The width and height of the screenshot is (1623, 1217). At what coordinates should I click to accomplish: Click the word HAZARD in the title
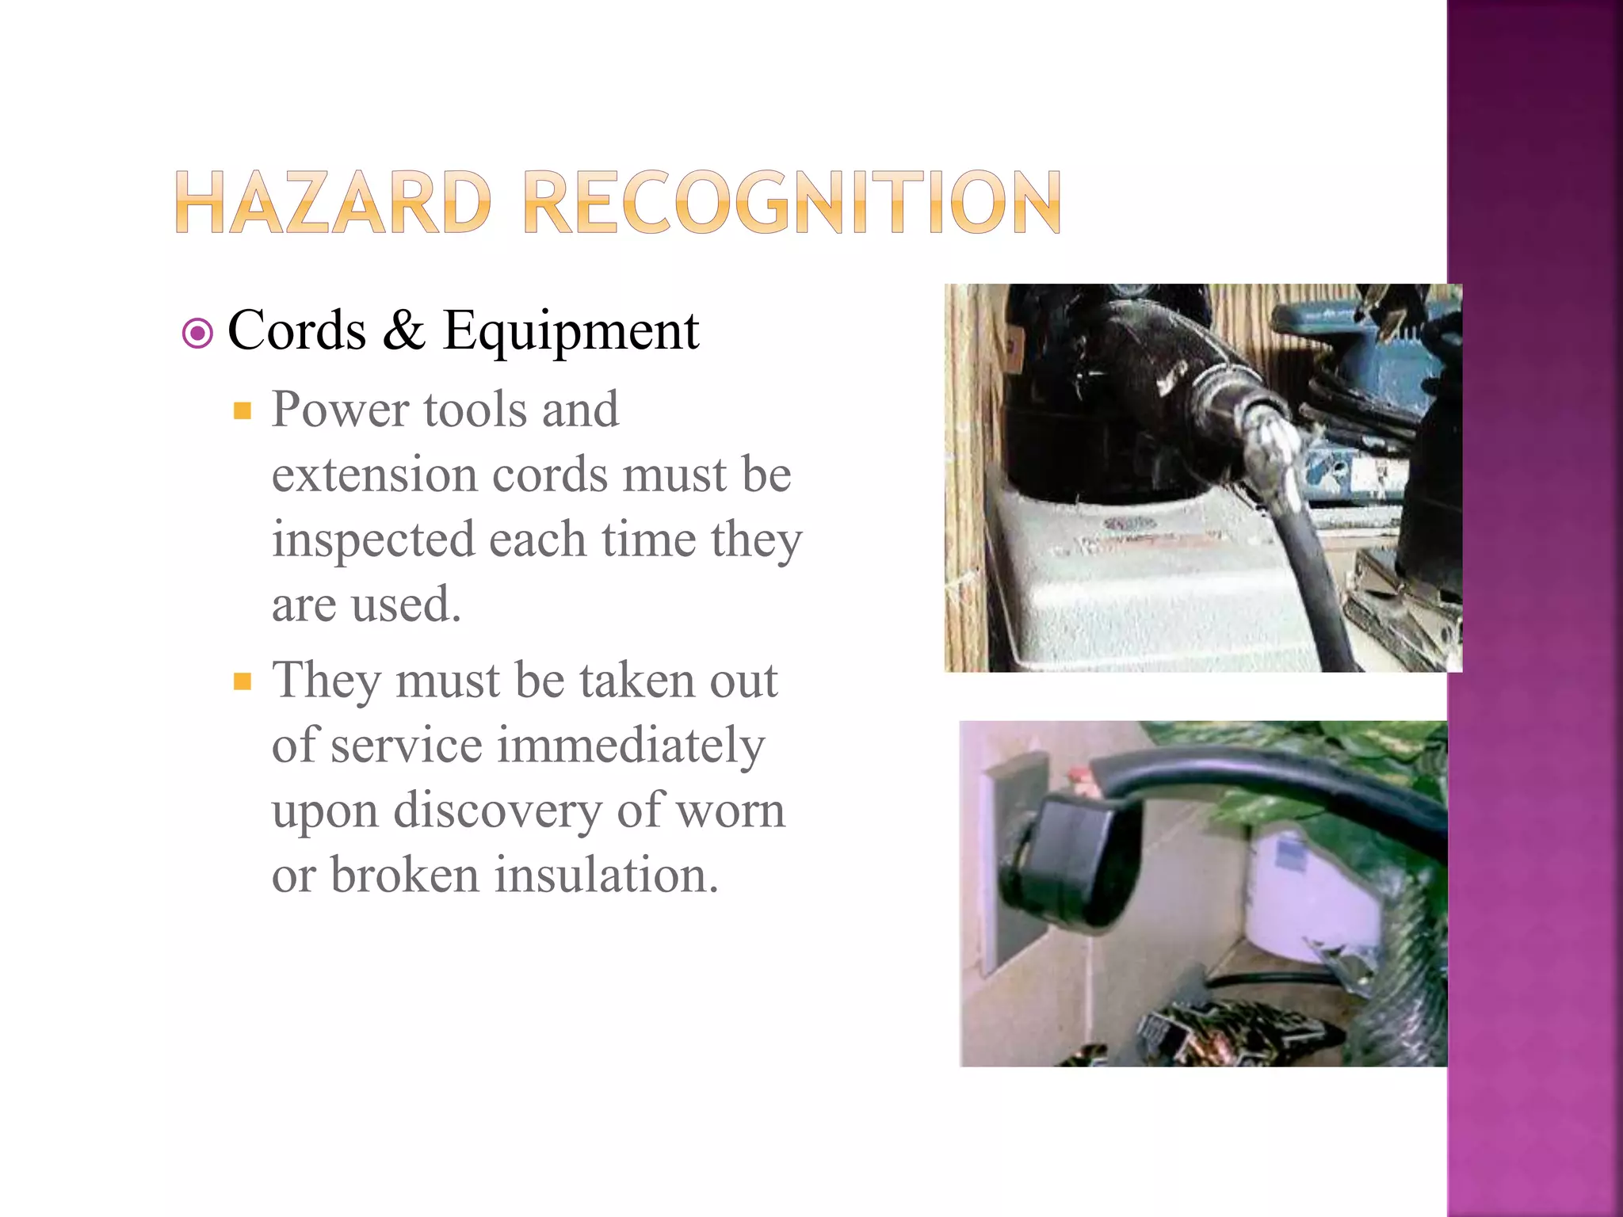point(333,203)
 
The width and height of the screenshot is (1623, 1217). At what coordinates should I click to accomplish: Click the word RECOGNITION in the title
point(792,203)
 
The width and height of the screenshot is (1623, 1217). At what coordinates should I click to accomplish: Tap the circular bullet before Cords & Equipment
point(197,334)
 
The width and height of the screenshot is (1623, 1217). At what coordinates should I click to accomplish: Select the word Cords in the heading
point(296,330)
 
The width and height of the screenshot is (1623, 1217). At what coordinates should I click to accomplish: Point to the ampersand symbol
point(404,330)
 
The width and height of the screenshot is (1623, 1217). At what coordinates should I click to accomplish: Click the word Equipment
point(571,331)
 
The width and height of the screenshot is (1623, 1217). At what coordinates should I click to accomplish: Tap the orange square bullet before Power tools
point(242,410)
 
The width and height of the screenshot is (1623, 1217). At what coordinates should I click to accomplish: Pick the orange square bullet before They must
point(242,681)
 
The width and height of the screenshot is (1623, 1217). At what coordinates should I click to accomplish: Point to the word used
point(406,605)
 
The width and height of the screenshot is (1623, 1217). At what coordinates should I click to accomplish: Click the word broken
point(404,876)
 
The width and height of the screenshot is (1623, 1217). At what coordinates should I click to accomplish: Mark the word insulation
point(606,876)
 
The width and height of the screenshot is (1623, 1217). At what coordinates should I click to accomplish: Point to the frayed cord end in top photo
point(1268,444)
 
